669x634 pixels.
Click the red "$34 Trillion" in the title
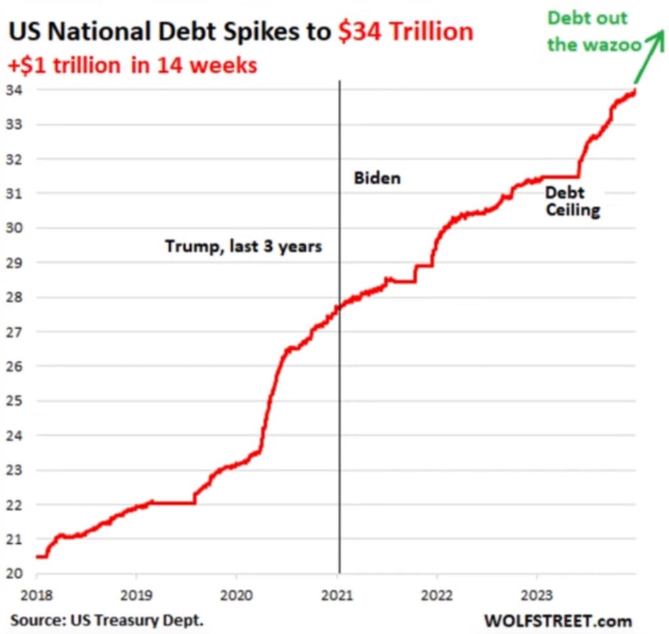406,33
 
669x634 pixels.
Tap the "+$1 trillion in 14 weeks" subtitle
133,65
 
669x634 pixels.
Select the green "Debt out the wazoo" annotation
595,31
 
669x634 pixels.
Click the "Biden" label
377,178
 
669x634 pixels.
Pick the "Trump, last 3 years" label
243,246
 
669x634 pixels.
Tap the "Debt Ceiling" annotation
572,202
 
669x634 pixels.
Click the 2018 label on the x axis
37,595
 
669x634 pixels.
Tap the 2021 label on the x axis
337,595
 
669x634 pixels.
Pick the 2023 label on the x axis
537,595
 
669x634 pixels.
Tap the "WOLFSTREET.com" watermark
558,619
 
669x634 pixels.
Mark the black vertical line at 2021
340,392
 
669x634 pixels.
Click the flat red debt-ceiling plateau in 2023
561,176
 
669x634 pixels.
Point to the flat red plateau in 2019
173,503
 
